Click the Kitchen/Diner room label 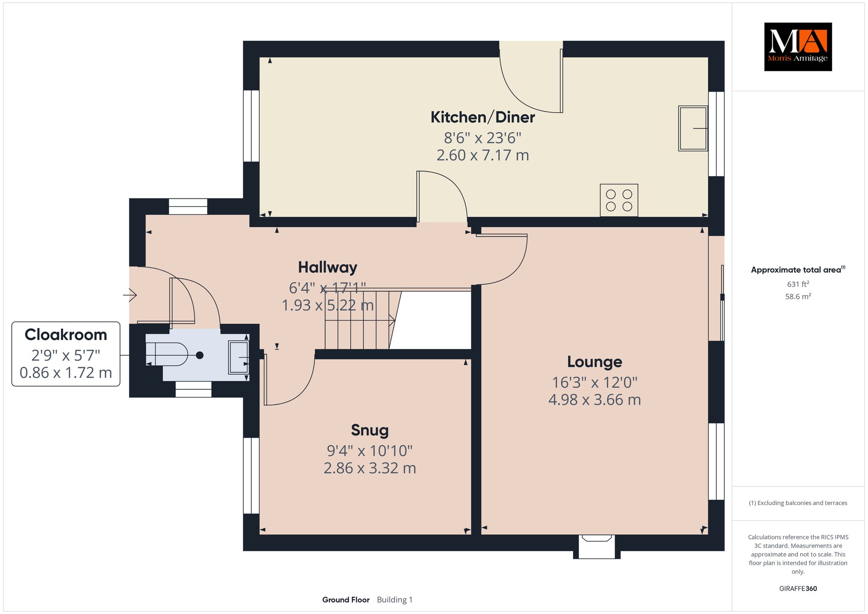pos(482,117)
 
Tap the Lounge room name pos(595,362)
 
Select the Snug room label pos(370,430)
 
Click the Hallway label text pos(328,268)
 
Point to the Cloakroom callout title pos(66,335)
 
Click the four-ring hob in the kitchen pos(619,200)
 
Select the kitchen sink pos(693,128)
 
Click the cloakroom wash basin pos(239,357)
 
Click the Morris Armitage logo pos(798,47)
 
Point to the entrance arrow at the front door pos(130,294)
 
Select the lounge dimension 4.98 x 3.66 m pos(595,400)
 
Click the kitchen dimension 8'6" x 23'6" pos(482,138)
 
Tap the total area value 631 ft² pos(798,284)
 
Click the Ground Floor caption pos(346,600)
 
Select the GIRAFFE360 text pos(798,589)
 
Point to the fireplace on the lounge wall pos(597,547)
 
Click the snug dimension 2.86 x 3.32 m pos(370,468)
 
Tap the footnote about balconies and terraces pos(798,503)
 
